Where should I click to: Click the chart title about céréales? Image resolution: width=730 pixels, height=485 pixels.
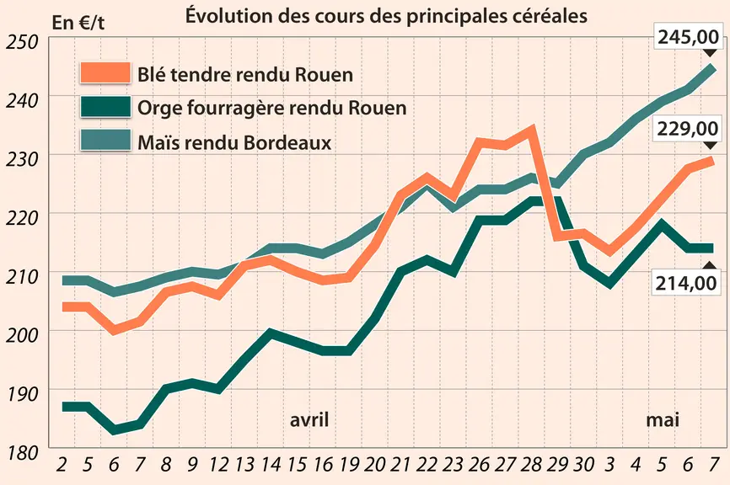point(386,16)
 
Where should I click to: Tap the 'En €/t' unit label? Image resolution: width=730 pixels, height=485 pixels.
point(78,23)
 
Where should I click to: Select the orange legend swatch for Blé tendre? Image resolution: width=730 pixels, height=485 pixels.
point(105,72)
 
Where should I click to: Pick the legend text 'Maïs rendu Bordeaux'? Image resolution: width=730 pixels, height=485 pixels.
point(234,142)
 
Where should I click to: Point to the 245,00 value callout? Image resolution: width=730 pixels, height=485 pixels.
point(688,36)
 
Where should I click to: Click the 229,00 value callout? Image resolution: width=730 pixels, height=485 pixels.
point(688,129)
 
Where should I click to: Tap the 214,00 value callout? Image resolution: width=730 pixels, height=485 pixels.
point(686,283)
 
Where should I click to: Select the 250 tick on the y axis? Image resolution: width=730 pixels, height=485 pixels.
point(21,42)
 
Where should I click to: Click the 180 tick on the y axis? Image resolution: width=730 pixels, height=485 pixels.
point(21,453)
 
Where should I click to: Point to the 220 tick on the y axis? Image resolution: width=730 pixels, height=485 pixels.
point(21,218)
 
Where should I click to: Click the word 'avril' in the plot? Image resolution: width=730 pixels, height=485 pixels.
point(309,420)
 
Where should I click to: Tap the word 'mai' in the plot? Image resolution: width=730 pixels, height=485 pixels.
point(662,420)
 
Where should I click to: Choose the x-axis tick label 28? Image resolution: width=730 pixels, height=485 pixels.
point(531,465)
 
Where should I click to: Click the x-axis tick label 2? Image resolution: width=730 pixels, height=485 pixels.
point(61,465)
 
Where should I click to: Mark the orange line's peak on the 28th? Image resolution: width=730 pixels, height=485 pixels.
point(531,129)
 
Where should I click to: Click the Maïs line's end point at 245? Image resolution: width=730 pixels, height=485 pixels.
point(713,68)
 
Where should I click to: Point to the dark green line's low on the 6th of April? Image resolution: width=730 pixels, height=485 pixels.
point(114,429)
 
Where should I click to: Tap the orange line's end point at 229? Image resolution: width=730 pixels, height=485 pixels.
point(713,161)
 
